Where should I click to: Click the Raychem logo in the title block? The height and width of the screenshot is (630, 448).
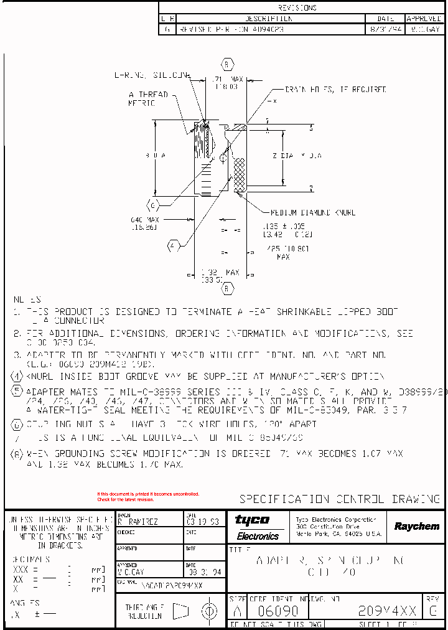[416, 527]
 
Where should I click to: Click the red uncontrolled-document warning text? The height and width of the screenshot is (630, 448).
[148, 496]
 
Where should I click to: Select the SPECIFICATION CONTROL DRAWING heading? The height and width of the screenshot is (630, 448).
[340, 499]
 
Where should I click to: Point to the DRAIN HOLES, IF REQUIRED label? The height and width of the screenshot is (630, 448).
[335, 90]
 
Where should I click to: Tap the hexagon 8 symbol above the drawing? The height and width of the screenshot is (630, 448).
[228, 64]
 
